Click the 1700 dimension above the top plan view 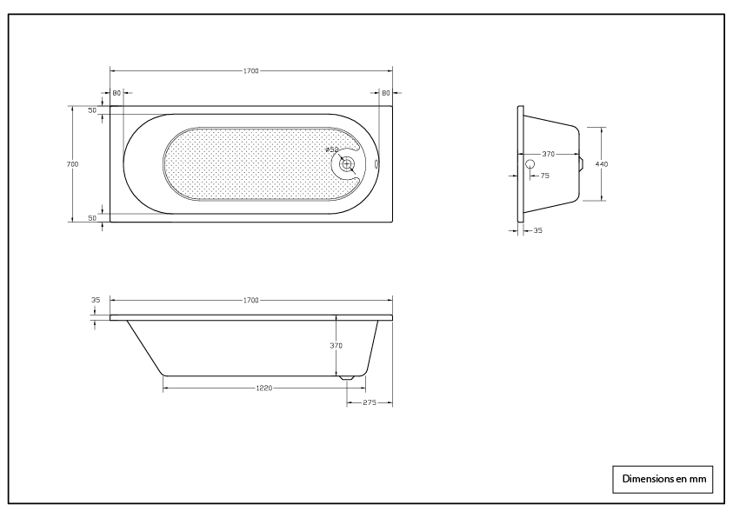(x=250, y=70)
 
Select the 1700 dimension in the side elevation (x=250, y=300)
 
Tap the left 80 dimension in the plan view (x=117, y=93)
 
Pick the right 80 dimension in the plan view (x=385, y=93)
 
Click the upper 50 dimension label (x=91, y=110)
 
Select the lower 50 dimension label (x=91, y=218)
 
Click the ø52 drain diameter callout (x=331, y=149)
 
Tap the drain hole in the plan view (x=346, y=163)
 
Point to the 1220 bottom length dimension (x=264, y=388)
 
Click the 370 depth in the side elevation (x=336, y=345)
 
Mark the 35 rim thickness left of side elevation (x=95, y=300)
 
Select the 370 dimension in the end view (x=548, y=154)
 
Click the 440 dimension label (x=601, y=163)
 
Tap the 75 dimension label (x=544, y=176)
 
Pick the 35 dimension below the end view (x=537, y=231)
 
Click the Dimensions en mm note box (x=663, y=478)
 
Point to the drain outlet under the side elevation (x=347, y=378)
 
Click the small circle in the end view (x=530, y=163)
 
